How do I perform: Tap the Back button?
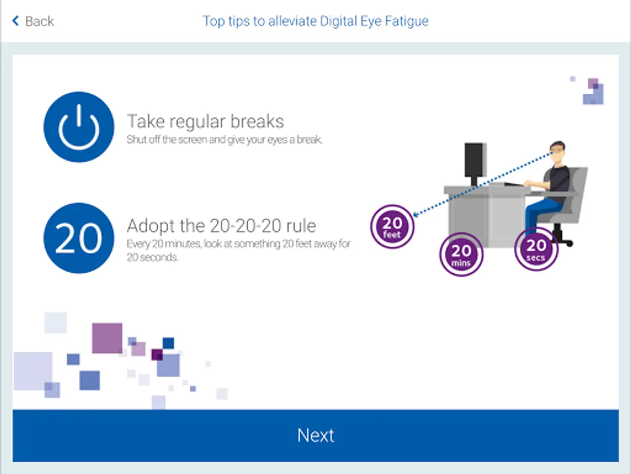coord(33,21)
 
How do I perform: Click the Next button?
coord(315,436)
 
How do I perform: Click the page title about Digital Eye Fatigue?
coord(315,21)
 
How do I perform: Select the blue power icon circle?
coord(78,127)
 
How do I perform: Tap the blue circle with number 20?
coord(78,238)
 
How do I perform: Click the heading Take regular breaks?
coord(205,122)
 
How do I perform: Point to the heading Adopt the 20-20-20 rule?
coord(221,226)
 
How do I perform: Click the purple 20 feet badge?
coord(392,226)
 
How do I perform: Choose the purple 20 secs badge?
coord(536,249)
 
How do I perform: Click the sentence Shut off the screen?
coord(224,140)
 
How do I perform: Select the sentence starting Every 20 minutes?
coord(238,251)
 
